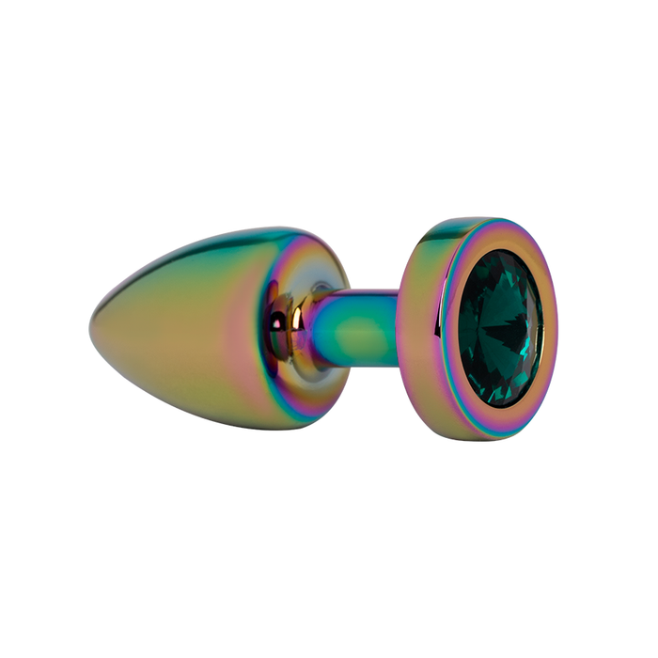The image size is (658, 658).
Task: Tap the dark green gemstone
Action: [x=499, y=329]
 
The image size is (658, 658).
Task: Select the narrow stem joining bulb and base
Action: [x=362, y=325]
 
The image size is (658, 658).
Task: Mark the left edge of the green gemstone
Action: [x=458, y=329]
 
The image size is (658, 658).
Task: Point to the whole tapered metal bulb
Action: [x=207, y=324]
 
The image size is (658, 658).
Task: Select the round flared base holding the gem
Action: [x=479, y=329]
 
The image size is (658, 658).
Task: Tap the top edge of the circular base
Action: [x=479, y=221]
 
